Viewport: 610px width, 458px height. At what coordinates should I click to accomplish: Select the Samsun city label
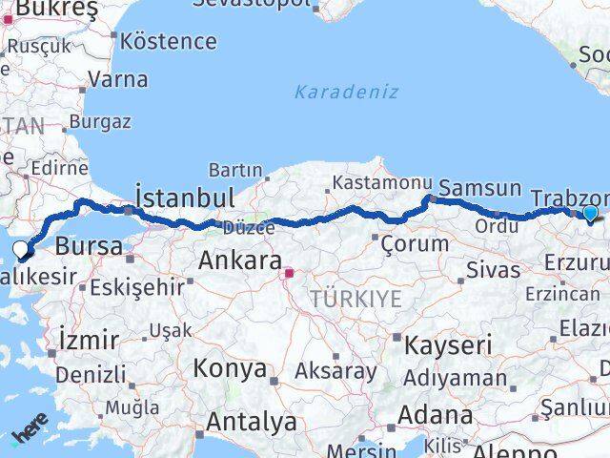pos(480,188)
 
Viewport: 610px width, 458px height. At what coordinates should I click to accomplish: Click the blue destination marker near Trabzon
pos(591,213)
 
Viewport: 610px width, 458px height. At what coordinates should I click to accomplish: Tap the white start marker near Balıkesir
pos(22,251)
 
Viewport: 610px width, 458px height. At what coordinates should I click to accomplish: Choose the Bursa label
pos(89,246)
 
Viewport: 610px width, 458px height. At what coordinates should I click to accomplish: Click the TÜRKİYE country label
pos(356,300)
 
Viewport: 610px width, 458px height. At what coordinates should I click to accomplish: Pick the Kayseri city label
pos(448,344)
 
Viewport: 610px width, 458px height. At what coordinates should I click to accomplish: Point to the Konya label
pos(230,368)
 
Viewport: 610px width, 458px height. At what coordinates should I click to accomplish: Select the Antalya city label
pos(252,421)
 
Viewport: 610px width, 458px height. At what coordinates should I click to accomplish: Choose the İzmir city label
pos(89,339)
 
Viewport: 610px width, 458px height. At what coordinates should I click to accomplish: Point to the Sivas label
pos(492,269)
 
